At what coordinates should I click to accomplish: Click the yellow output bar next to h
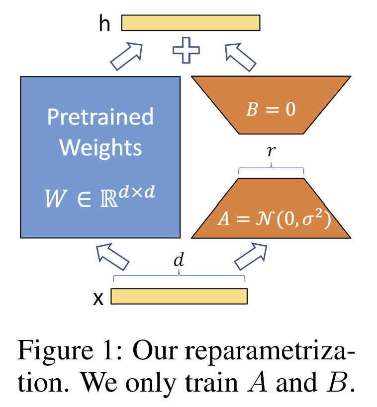pos(190,23)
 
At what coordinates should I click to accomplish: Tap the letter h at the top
pos(104,24)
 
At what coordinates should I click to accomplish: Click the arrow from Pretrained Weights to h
pos(126,56)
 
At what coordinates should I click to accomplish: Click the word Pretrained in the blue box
pos(100,117)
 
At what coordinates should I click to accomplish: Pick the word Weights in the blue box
pos(100,147)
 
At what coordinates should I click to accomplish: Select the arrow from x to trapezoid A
pos(251,256)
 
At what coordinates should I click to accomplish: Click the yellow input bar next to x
pos(179,296)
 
